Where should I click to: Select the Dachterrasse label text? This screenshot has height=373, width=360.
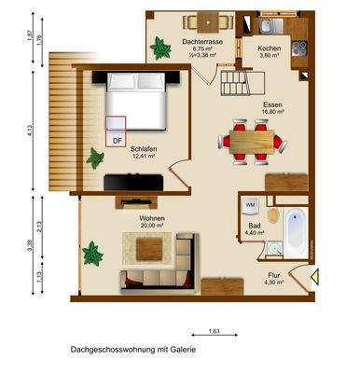click(x=201, y=42)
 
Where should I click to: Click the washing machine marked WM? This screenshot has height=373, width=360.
click(x=251, y=203)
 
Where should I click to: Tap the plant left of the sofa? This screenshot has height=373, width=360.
click(x=92, y=253)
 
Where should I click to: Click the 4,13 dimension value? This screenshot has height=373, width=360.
click(x=30, y=132)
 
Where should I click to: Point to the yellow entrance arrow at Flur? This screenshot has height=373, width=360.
click(x=316, y=274)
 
